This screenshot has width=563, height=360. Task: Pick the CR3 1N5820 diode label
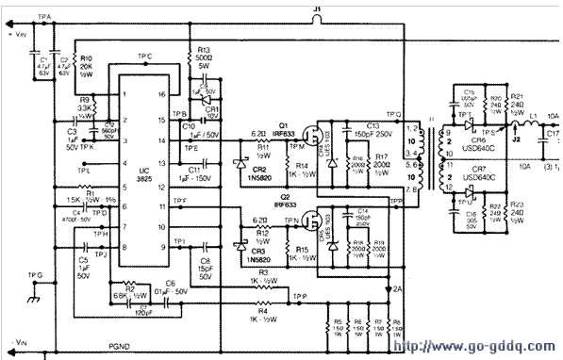coord(260,253)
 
